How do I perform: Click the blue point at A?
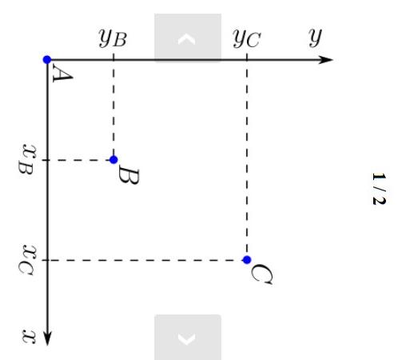pyautogui.click(x=47, y=59)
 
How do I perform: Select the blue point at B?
pyautogui.click(x=113, y=160)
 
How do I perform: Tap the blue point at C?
pyautogui.click(x=247, y=260)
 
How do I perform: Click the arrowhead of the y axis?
pyautogui.click(x=327, y=59)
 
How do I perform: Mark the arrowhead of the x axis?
pyautogui.click(x=47, y=339)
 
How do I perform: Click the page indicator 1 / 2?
pyautogui.click(x=378, y=188)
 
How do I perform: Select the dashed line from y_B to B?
pyautogui.click(x=113, y=110)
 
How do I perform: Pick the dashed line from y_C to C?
pyautogui.click(x=247, y=160)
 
